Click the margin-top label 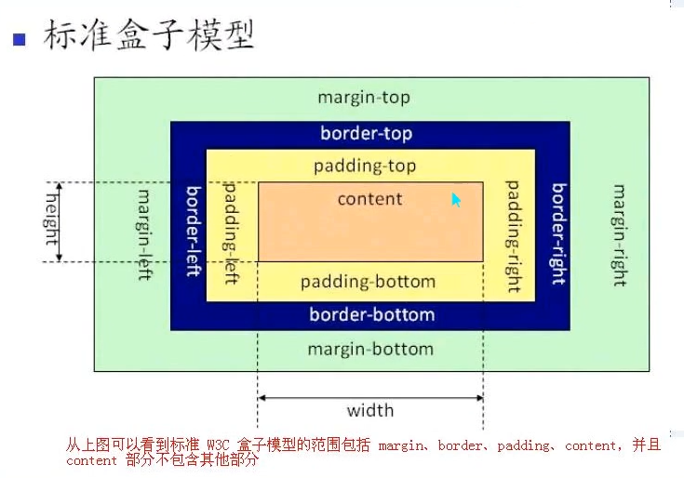click(x=364, y=98)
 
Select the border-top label click(x=366, y=133)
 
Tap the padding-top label click(x=365, y=166)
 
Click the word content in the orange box click(x=369, y=199)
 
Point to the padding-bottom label click(x=368, y=282)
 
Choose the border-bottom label click(x=371, y=314)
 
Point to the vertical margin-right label click(x=618, y=235)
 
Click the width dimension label click(x=370, y=410)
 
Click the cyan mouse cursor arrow click(x=456, y=199)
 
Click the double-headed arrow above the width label click(x=370, y=397)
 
